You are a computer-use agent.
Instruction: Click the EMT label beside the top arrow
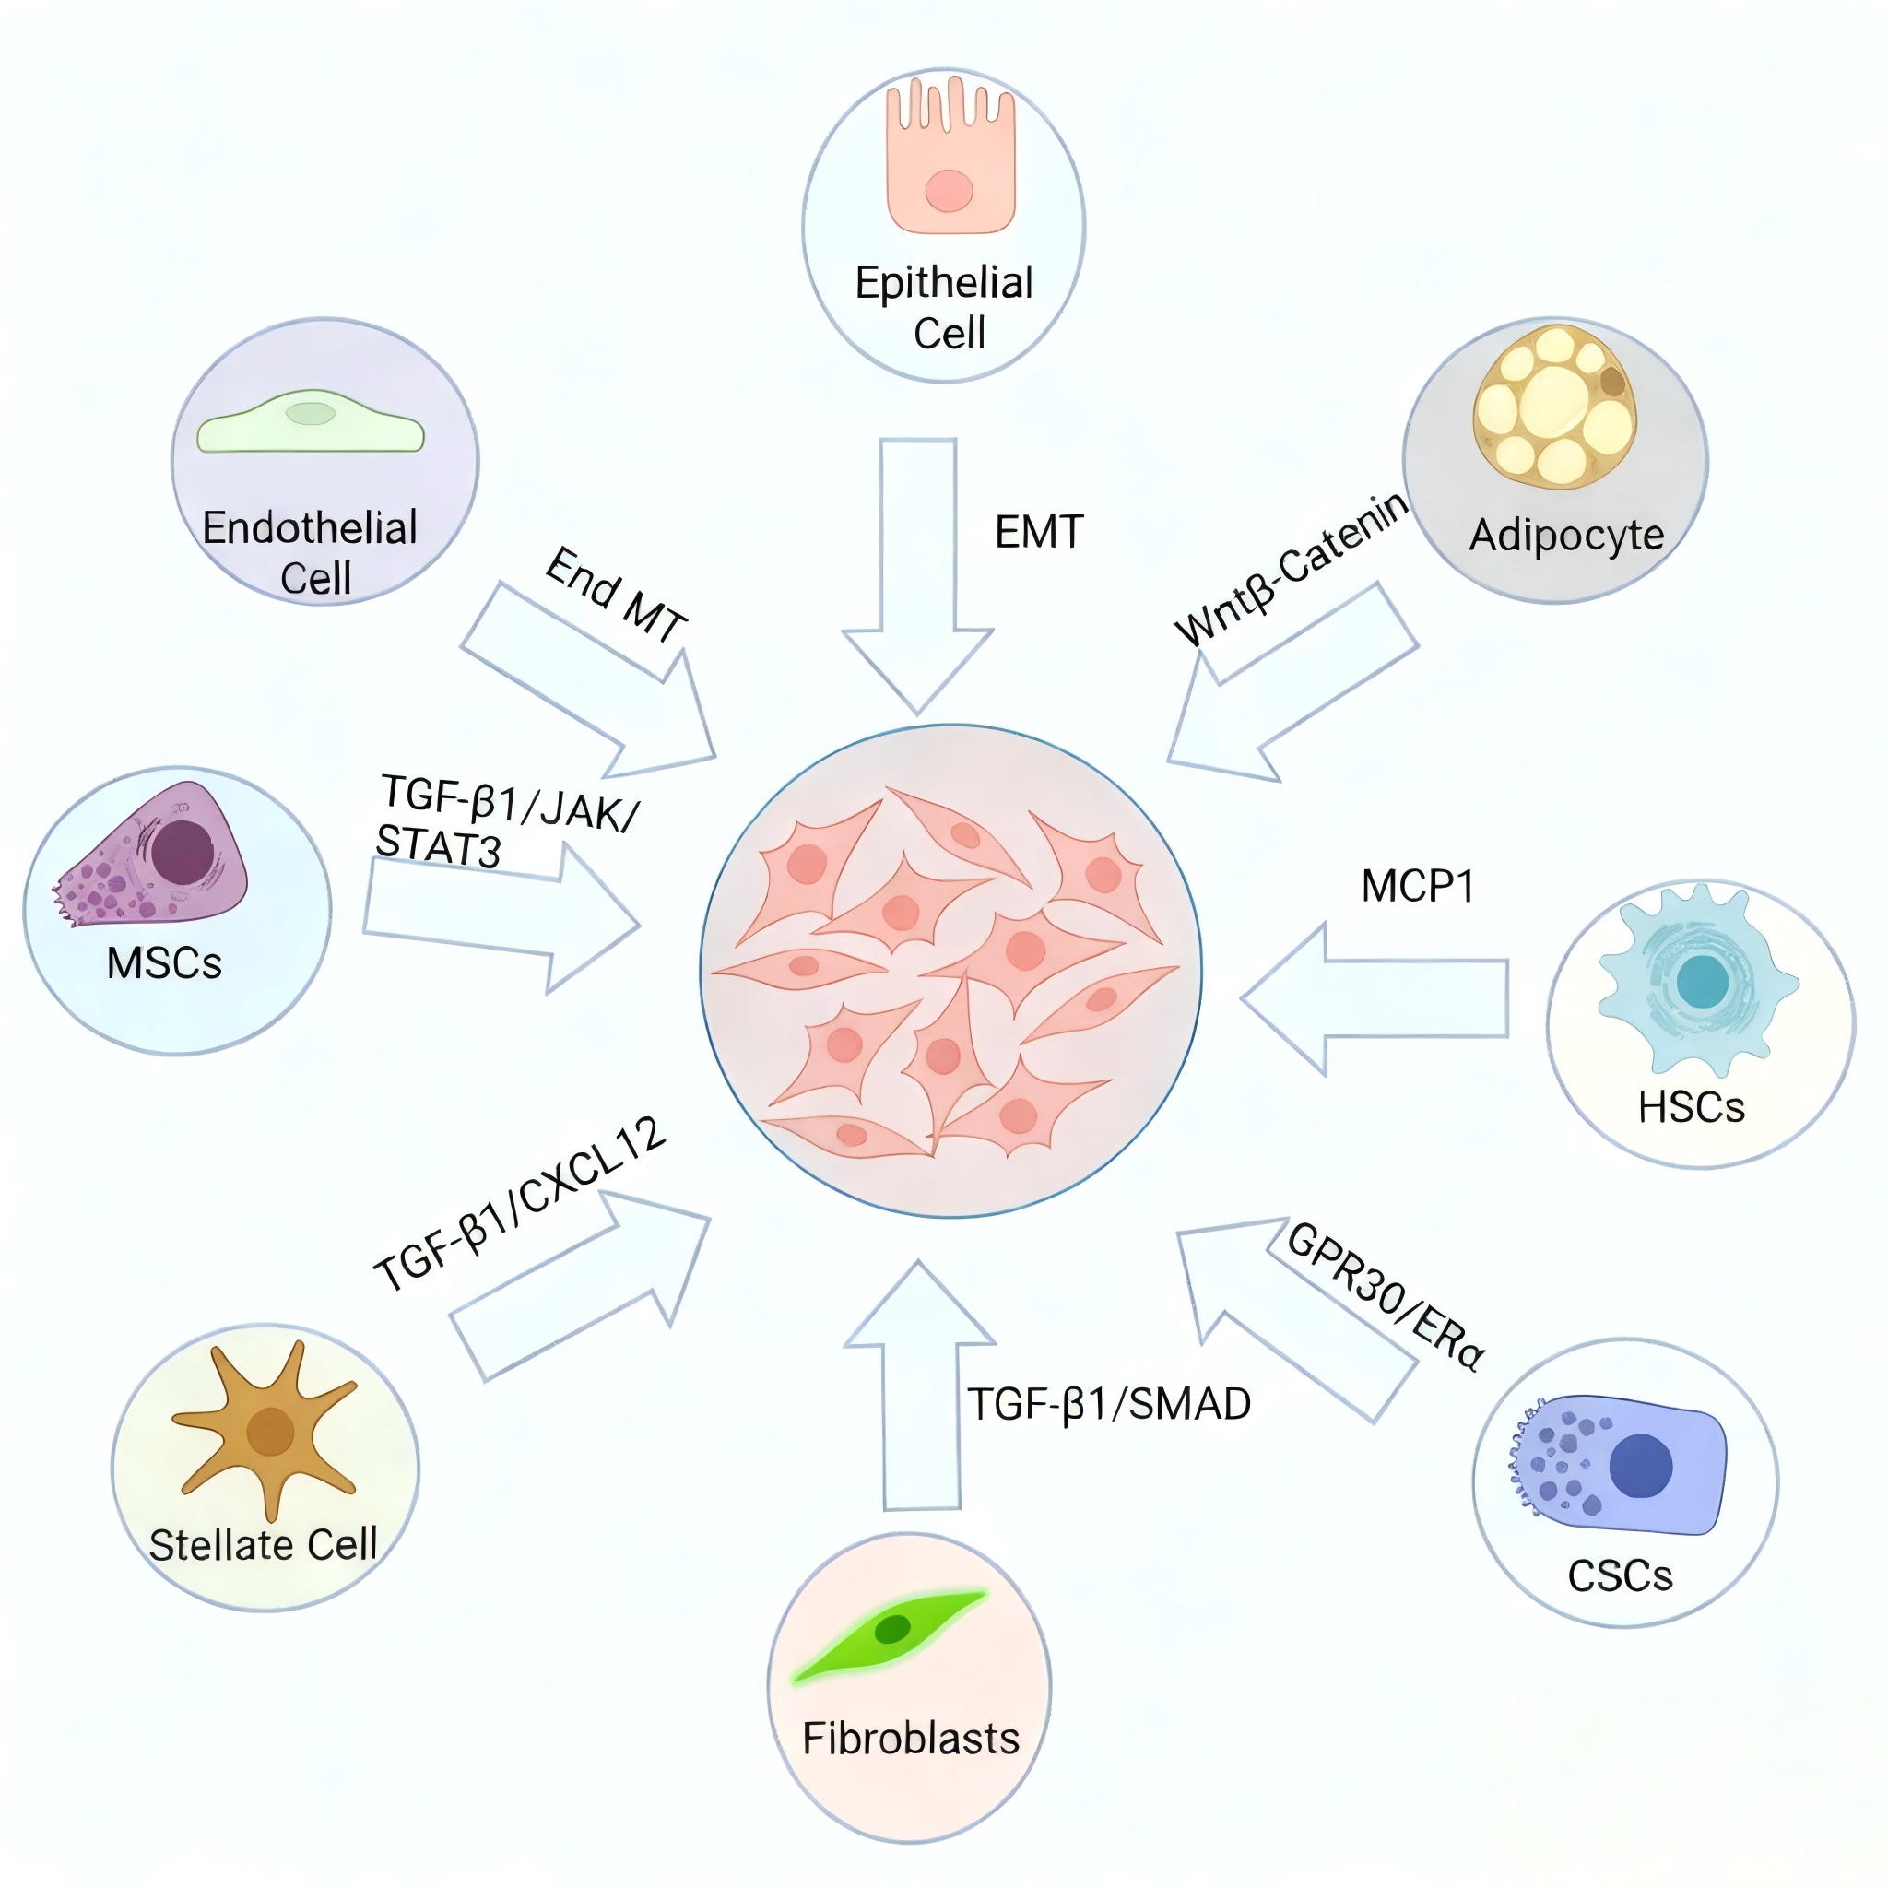tap(1039, 533)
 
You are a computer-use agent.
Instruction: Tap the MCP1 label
tap(1417, 886)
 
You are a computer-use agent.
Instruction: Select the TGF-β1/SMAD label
tap(1109, 1404)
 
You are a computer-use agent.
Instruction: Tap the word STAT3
tap(438, 845)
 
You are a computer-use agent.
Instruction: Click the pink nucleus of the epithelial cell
tap(949, 191)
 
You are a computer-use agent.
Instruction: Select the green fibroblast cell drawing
tap(891, 1631)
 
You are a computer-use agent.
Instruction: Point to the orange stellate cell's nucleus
tap(271, 1433)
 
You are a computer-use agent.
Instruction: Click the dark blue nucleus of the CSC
tap(1641, 1466)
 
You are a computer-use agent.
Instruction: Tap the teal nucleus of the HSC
tap(1703, 981)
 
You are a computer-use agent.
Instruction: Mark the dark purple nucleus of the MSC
tap(183, 851)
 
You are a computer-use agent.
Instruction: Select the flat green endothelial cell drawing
tap(311, 422)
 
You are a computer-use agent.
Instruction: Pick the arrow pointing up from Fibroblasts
tap(919, 1387)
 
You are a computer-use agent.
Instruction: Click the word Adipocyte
tap(1566, 535)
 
